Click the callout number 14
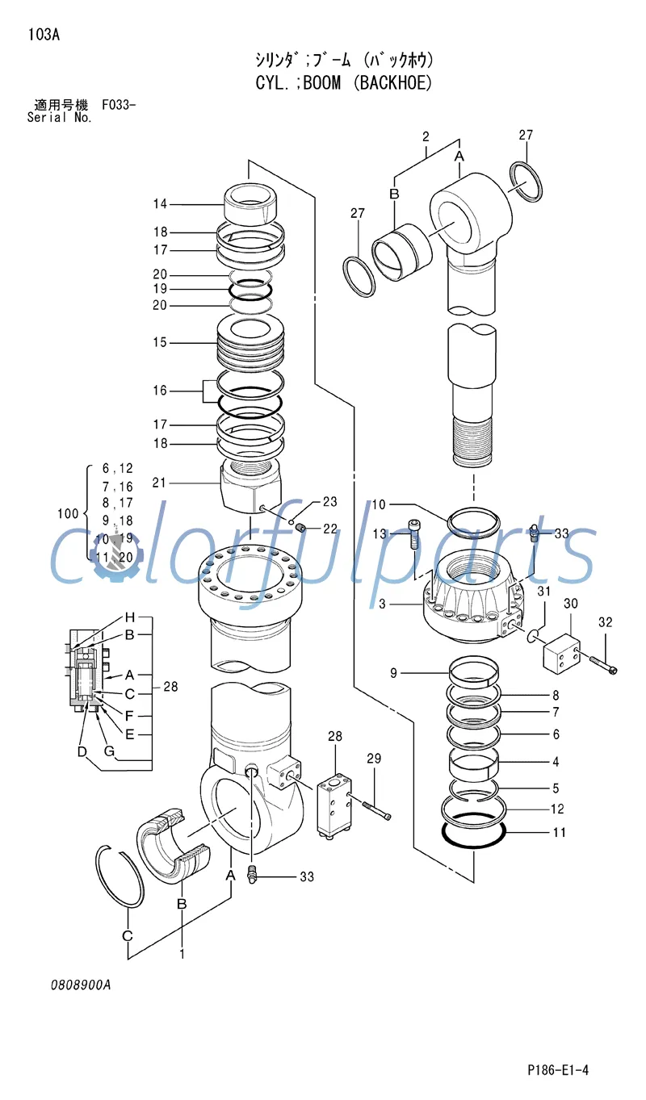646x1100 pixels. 160,204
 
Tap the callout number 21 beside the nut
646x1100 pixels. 160,483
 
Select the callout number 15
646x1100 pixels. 160,342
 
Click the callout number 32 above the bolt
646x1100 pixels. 606,622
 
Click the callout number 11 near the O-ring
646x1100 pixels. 559,832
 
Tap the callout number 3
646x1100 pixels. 383,604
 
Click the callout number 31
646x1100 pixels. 544,592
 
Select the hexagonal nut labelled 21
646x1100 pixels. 250,486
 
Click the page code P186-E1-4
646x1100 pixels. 558,1070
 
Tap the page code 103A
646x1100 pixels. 44,34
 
